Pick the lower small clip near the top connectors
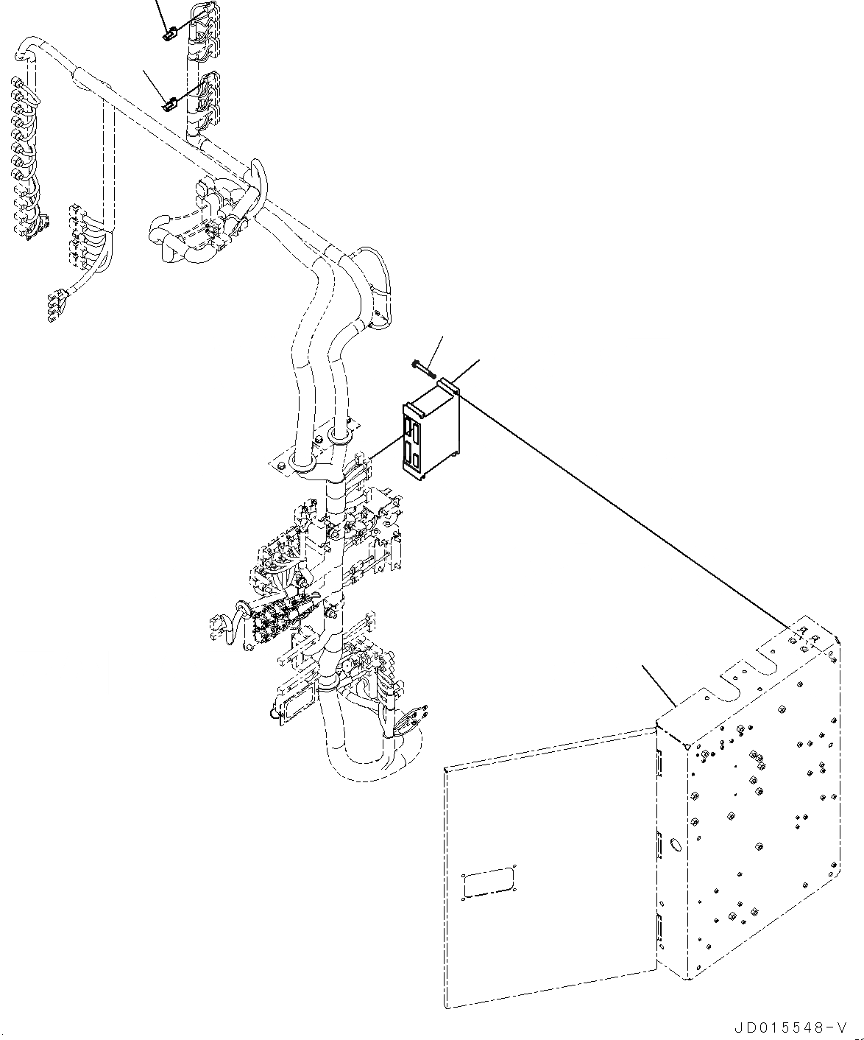coord(168,105)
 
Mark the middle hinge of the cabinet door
coord(660,845)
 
